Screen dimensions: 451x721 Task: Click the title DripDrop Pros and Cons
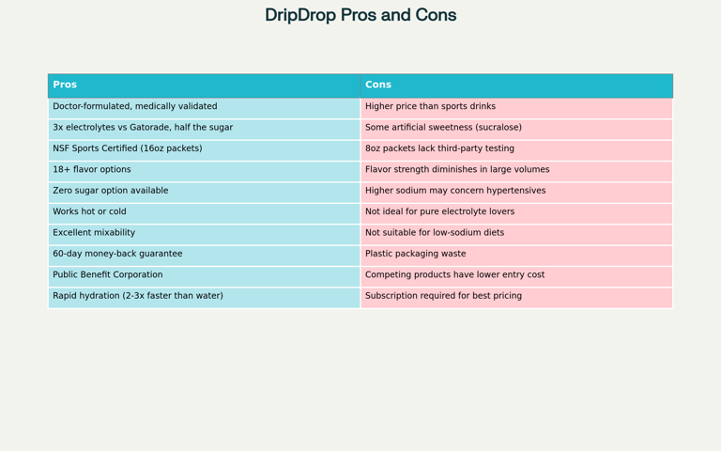(x=360, y=15)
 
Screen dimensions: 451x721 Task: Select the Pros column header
(x=204, y=85)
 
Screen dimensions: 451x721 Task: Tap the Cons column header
(x=516, y=85)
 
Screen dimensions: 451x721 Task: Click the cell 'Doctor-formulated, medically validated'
(x=204, y=106)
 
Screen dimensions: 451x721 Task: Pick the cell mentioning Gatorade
(x=204, y=128)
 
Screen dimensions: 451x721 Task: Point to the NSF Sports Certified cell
(x=204, y=148)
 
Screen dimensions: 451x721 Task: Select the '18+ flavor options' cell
(x=204, y=170)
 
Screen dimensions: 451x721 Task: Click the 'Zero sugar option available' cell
(x=204, y=191)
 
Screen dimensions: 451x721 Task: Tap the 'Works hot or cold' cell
(x=204, y=211)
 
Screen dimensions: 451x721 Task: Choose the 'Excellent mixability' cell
(x=204, y=233)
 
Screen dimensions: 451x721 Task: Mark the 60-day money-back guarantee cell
(x=204, y=254)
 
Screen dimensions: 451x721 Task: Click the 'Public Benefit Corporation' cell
(x=204, y=275)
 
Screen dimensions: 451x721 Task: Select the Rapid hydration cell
(x=204, y=296)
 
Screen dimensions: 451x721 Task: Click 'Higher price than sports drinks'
(x=516, y=106)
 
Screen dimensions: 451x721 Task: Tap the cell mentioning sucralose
(x=516, y=128)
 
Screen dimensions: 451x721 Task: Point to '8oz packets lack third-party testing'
(x=516, y=148)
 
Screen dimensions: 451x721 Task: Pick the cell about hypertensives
(x=516, y=191)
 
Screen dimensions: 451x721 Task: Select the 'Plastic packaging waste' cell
(x=516, y=254)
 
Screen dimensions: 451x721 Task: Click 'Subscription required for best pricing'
(x=516, y=296)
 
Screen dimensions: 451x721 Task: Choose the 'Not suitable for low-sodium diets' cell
(x=516, y=233)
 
